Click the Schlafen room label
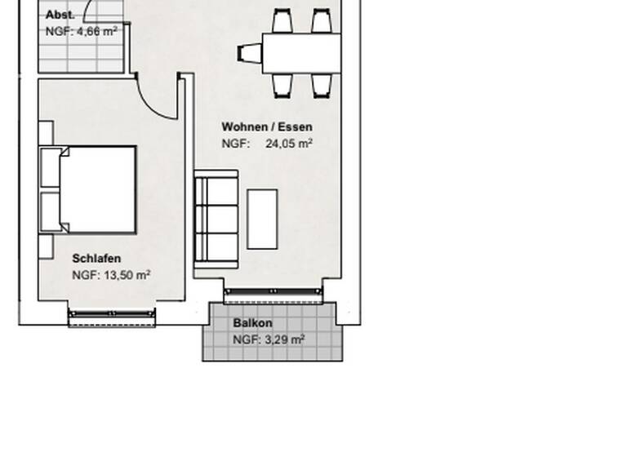click(x=96, y=259)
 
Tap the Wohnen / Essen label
click(x=267, y=127)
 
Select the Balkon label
click(x=252, y=323)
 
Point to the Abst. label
click(x=60, y=15)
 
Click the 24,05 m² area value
click(x=289, y=144)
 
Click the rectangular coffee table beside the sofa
click(x=262, y=219)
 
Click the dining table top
click(x=301, y=53)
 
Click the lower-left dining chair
click(x=282, y=84)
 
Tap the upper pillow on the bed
click(x=51, y=167)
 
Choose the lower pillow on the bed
click(x=51, y=212)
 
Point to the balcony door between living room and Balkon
click(x=273, y=292)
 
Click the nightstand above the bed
click(x=46, y=133)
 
